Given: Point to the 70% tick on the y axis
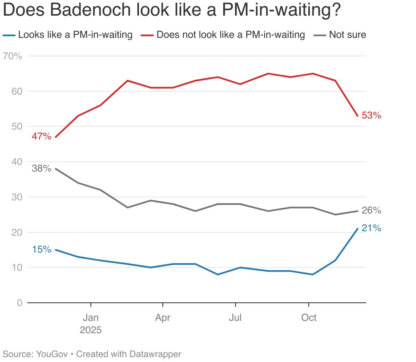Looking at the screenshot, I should click(x=12, y=56).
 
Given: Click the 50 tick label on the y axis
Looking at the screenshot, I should click(x=16, y=127).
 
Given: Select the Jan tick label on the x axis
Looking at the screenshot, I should click(x=90, y=318).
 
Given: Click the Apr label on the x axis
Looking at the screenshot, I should click(x=163, y=318).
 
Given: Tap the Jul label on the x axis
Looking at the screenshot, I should click(x=235, y=318).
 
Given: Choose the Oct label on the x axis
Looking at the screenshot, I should click(x=309, y=318).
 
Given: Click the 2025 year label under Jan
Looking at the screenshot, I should click(x=90, y=330).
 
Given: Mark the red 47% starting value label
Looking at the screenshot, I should click(x=42, y=136).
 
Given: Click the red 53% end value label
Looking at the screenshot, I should click(x=372, y=116).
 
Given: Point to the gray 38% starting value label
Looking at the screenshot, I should click(x=42, y=168).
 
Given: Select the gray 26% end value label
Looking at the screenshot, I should click(x=372, y=211).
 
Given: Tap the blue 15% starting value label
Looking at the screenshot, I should click(x=42, y=249).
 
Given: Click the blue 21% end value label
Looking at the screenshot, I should click(x=372, y=228).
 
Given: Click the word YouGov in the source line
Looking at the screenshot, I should click(x=51, y=354).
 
